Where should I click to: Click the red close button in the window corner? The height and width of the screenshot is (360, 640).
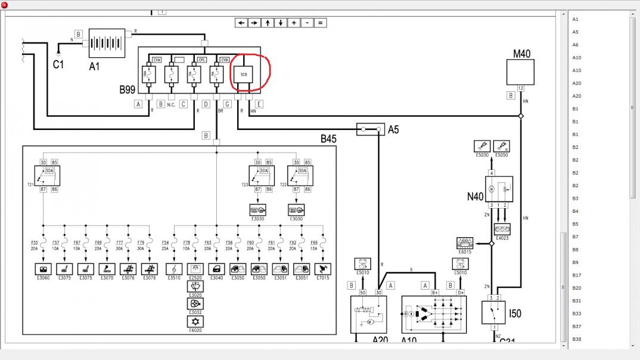(5, 5)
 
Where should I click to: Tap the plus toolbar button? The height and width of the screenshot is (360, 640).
(294, 23)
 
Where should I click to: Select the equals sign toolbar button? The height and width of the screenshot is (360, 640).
(320, 23)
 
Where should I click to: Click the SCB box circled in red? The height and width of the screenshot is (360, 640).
(243, 74)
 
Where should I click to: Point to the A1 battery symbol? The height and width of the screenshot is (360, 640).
(107, 44)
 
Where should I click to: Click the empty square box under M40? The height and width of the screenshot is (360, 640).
(520, 72)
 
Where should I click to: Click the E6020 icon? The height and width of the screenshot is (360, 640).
(195, 321)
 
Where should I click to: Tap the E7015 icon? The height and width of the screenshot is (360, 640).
(323, 269)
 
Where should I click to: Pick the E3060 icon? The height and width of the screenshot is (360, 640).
(44, 269)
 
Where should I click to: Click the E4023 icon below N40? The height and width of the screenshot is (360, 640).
(502, 228)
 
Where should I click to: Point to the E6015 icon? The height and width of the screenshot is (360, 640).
(464, 243)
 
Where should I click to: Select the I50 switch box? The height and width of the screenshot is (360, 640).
(493, 312)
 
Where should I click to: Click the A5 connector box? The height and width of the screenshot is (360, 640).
(369, 129)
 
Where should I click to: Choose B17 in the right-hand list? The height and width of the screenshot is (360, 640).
(577, 275)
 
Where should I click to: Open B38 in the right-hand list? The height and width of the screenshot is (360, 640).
(577, 339)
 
